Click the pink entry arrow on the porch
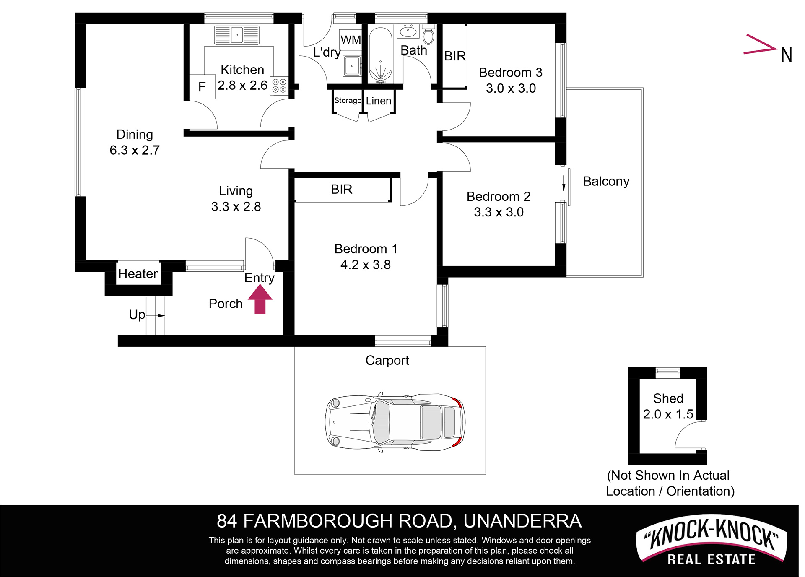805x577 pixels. coord(260,299)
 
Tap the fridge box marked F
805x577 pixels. coord(202,87)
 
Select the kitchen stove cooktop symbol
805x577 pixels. coord(279,86)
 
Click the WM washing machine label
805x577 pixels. coord(351,40)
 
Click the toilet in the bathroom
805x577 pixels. coord(428,34)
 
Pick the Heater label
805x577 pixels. coord(138,273)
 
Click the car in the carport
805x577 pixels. coord(395,422)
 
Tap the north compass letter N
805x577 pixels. coord(787,55)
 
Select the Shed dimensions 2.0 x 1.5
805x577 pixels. coord(668,414)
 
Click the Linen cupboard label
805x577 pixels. coord(379,101)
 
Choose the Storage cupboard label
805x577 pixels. coord(348,101)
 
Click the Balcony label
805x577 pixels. coord(606,181)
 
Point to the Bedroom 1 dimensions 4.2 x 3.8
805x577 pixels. coord(366,265)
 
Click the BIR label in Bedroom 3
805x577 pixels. coord(455,56)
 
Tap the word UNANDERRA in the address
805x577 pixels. coord(522,521)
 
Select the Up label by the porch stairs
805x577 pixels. coord(137,315)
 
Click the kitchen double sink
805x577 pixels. coord(237,35)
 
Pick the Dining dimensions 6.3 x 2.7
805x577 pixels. coord(135,150)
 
